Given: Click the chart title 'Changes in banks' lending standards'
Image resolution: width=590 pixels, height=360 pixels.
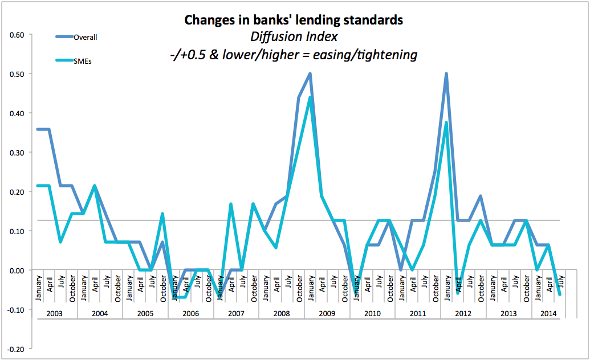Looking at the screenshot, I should click(x=294, y=20).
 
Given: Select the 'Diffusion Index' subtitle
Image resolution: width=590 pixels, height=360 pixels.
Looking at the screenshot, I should click(x=294, y=37).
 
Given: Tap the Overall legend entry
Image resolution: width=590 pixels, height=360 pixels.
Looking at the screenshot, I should click(x=86, y=38).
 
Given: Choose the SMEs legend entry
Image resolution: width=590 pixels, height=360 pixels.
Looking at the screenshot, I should click(x=83, y=61).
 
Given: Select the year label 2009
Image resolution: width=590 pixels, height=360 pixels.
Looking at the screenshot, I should click(x=327, y=314).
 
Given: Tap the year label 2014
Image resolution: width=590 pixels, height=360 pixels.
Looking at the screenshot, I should click(x=548, y=314).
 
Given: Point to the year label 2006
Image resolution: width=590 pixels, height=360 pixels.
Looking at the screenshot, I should click(x=190, y=314).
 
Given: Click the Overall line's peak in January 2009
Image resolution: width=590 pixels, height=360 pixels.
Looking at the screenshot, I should click(x=310, y=73).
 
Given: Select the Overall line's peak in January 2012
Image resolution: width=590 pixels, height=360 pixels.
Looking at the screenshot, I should click(x=446, y=73).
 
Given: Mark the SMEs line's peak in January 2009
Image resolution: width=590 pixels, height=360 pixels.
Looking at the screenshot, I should click(x=310, y=97).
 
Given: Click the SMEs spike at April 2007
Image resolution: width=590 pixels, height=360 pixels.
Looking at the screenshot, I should click(x=231, y=204).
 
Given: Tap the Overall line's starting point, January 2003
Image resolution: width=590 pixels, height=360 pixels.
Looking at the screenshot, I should click(x=38, y=129).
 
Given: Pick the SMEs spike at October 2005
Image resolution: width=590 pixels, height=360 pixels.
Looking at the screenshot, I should click(x=162, y=214).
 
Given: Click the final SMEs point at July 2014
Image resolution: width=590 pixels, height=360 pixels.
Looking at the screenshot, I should click(x=560, y=294).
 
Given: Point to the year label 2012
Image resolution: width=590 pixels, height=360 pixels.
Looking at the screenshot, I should click(x=463, y=314).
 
